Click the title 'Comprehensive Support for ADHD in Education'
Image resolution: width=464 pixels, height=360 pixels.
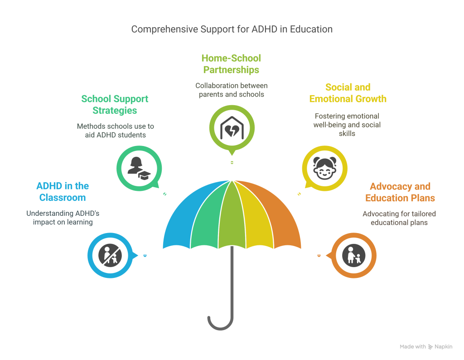pyautogui.click(x=232, y=29)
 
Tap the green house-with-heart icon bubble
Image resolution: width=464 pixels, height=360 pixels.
pyautogui.click(x=232, y=128)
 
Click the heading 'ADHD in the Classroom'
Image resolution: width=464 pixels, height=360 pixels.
pyautogui.click(x=63, y=192)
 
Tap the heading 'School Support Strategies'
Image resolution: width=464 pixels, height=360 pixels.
pyautogui.click(x=115, y=104)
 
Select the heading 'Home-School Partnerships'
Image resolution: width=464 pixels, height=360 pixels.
pyautogui.click(x=231, y=64)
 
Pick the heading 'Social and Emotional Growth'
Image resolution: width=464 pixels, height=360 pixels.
pyautogui.click(x=348, y=92)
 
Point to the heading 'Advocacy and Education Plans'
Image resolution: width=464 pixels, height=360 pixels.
pyautogui.click(x=400, y=192)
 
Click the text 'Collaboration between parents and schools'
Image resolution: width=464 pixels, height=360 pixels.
pyautogui.click(x=232, y=90)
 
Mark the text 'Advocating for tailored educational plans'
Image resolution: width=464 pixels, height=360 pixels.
pyautogui.click(x=399, y=218)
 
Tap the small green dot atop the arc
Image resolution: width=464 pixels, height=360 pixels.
pyautogui.click(x=232, y=162)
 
